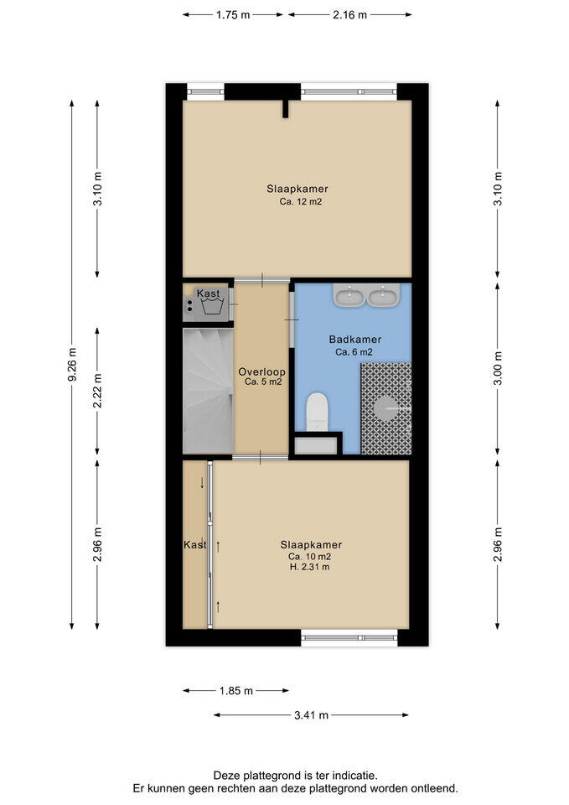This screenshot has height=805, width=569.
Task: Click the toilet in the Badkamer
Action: [x=317, y=412]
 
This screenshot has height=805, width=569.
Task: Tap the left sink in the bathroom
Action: [x=349, y=295]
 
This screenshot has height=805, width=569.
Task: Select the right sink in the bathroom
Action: [x=383, y=295]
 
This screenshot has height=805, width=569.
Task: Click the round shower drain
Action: [x=385, y=408]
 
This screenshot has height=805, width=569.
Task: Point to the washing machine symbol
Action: [x=212, y=307]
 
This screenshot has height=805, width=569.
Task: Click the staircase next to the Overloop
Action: [x=209, y=392]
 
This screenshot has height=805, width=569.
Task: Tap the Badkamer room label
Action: [x=355, y=340]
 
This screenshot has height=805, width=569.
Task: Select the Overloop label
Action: [x=261, y=371]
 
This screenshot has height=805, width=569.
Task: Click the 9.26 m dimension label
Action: [x=72, y=365]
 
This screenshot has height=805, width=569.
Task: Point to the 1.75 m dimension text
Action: [x=233, y=15]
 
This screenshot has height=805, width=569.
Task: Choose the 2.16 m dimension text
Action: [x=350, y=15]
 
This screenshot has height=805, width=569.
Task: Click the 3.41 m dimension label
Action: [x=311, y=715]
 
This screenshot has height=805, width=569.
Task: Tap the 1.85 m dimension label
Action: [x=236, y=691]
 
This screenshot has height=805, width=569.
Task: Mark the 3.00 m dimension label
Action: [x=498, y=369]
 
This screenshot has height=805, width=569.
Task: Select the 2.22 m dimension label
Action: [x=97, y=391]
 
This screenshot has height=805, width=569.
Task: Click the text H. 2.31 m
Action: [x=309, y=568]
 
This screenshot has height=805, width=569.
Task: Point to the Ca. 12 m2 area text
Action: [x=301, y=202]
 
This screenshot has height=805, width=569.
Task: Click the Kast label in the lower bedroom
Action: [x=195, y=545]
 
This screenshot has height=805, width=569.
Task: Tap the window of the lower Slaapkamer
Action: [x=349, y=637]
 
